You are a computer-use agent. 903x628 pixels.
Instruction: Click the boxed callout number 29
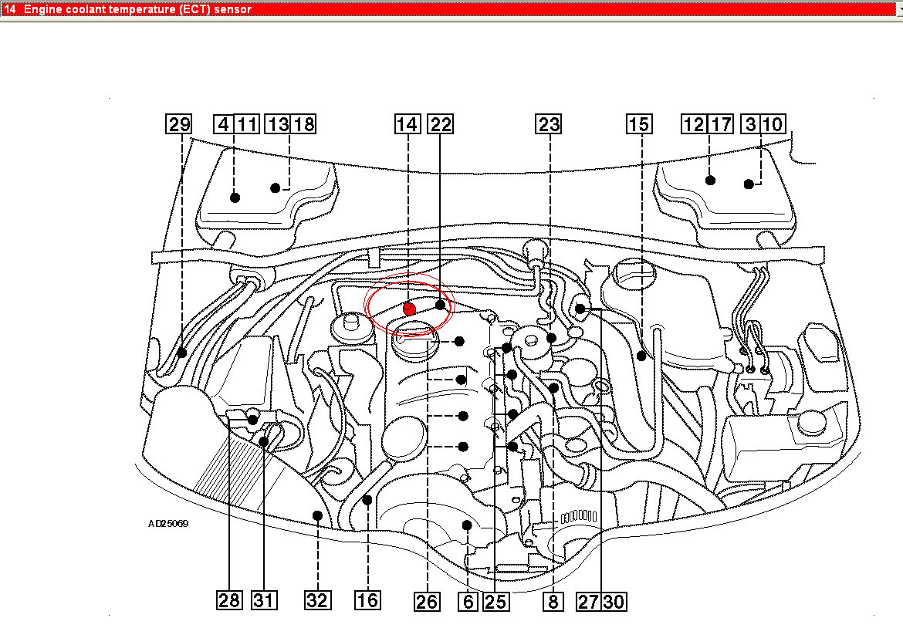click(178, 123)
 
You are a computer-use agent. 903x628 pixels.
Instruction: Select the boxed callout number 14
click(408, 123)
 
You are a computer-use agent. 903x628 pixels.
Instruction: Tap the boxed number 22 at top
click(441, 123)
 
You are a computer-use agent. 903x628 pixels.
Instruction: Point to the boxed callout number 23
click(549, 123)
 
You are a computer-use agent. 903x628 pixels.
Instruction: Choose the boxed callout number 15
click(639, 123)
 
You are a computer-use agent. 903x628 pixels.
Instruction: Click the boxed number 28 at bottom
click(229, 600)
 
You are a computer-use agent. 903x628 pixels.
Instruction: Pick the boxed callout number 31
click(264, 600)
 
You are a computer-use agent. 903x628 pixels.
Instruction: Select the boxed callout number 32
click(317, 600)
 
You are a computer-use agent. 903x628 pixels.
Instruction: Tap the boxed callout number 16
click(367, 600)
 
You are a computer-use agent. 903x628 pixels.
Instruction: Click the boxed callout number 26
click(427, 602)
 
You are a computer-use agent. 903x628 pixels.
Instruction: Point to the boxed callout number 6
click(468, 602)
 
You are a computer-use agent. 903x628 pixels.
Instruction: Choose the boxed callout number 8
click(553, 602)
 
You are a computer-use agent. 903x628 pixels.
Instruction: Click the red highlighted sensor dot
click(409, 309)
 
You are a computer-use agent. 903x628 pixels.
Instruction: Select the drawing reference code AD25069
click(168, 523)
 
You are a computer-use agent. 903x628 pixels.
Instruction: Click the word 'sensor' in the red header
click(232, 9)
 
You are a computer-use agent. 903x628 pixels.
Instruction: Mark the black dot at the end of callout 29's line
click(182, 353)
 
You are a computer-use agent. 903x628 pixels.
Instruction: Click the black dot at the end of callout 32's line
click(317, 515)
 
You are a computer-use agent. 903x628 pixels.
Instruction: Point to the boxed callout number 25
click(495, 602)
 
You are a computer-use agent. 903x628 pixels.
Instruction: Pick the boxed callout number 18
click(303, 123)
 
